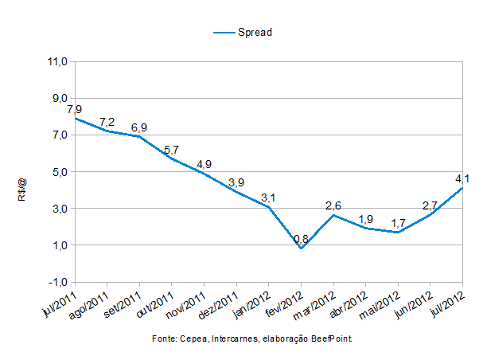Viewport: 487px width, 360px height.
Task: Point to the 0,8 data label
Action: pos(301,239)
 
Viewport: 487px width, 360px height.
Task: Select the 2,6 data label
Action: pos(333,206)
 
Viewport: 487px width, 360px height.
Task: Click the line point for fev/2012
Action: pos(301,248)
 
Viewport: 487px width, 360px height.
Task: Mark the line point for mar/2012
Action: pos(333,215)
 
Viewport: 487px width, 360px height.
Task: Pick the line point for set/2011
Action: pos(139,136)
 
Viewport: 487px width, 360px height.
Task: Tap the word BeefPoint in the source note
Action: pos(329,338)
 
